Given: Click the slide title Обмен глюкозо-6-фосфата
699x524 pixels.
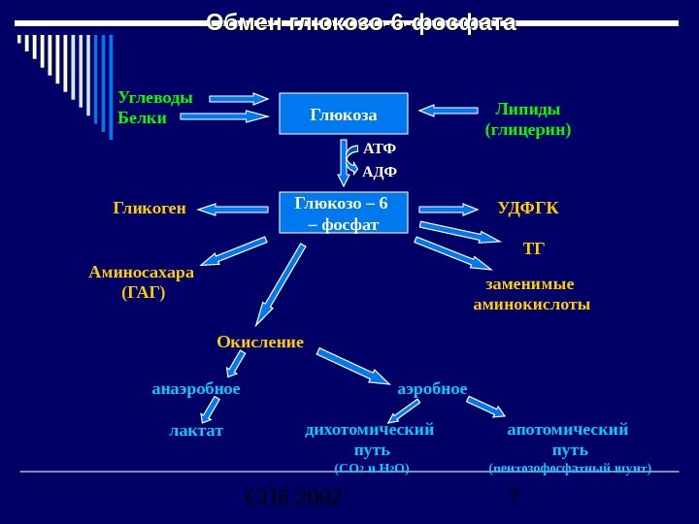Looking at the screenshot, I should (361, 22).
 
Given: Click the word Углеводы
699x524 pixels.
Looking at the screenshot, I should (155, 97).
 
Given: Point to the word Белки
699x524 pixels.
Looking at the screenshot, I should (142, 118).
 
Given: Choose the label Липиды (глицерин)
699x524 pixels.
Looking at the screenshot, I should (528, 118).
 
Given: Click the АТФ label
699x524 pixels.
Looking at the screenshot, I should (379, 149).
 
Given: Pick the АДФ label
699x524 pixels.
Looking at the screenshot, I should (380, 173).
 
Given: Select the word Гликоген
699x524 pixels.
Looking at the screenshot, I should (150, 208).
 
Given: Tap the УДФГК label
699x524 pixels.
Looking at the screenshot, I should (528, 208).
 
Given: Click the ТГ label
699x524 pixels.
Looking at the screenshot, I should (534, 249).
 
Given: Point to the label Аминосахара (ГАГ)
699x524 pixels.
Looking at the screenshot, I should (142, 281).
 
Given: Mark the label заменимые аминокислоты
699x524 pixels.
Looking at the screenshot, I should (531, 294).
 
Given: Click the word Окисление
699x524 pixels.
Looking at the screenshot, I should (260, 342).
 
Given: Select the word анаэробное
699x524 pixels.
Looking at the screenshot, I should (196, 389).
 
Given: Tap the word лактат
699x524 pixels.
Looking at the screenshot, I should (196, 430).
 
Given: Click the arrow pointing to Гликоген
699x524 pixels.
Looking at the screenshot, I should (233, 208).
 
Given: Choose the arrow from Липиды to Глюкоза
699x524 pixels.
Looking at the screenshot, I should (448, 111).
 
